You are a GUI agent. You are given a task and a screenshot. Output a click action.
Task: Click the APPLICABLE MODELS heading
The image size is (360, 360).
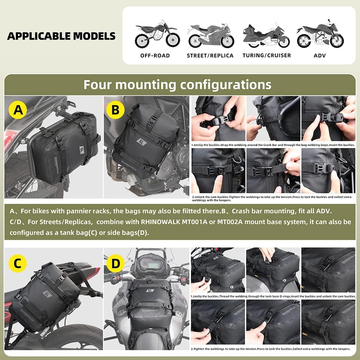pos(61,36)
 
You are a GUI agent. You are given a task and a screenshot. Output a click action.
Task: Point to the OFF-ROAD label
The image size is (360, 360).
pos(155,55)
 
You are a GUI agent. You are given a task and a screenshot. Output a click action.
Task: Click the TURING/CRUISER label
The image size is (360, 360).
pos(266,55)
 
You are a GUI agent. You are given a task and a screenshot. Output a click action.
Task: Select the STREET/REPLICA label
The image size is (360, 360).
pos(210,55)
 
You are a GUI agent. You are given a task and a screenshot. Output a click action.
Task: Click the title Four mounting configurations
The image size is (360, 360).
pos(177,85)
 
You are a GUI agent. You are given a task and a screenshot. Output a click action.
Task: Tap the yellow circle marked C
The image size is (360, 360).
pos(18,264)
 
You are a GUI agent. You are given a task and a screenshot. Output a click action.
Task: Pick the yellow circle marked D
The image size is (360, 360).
pos(115,264)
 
